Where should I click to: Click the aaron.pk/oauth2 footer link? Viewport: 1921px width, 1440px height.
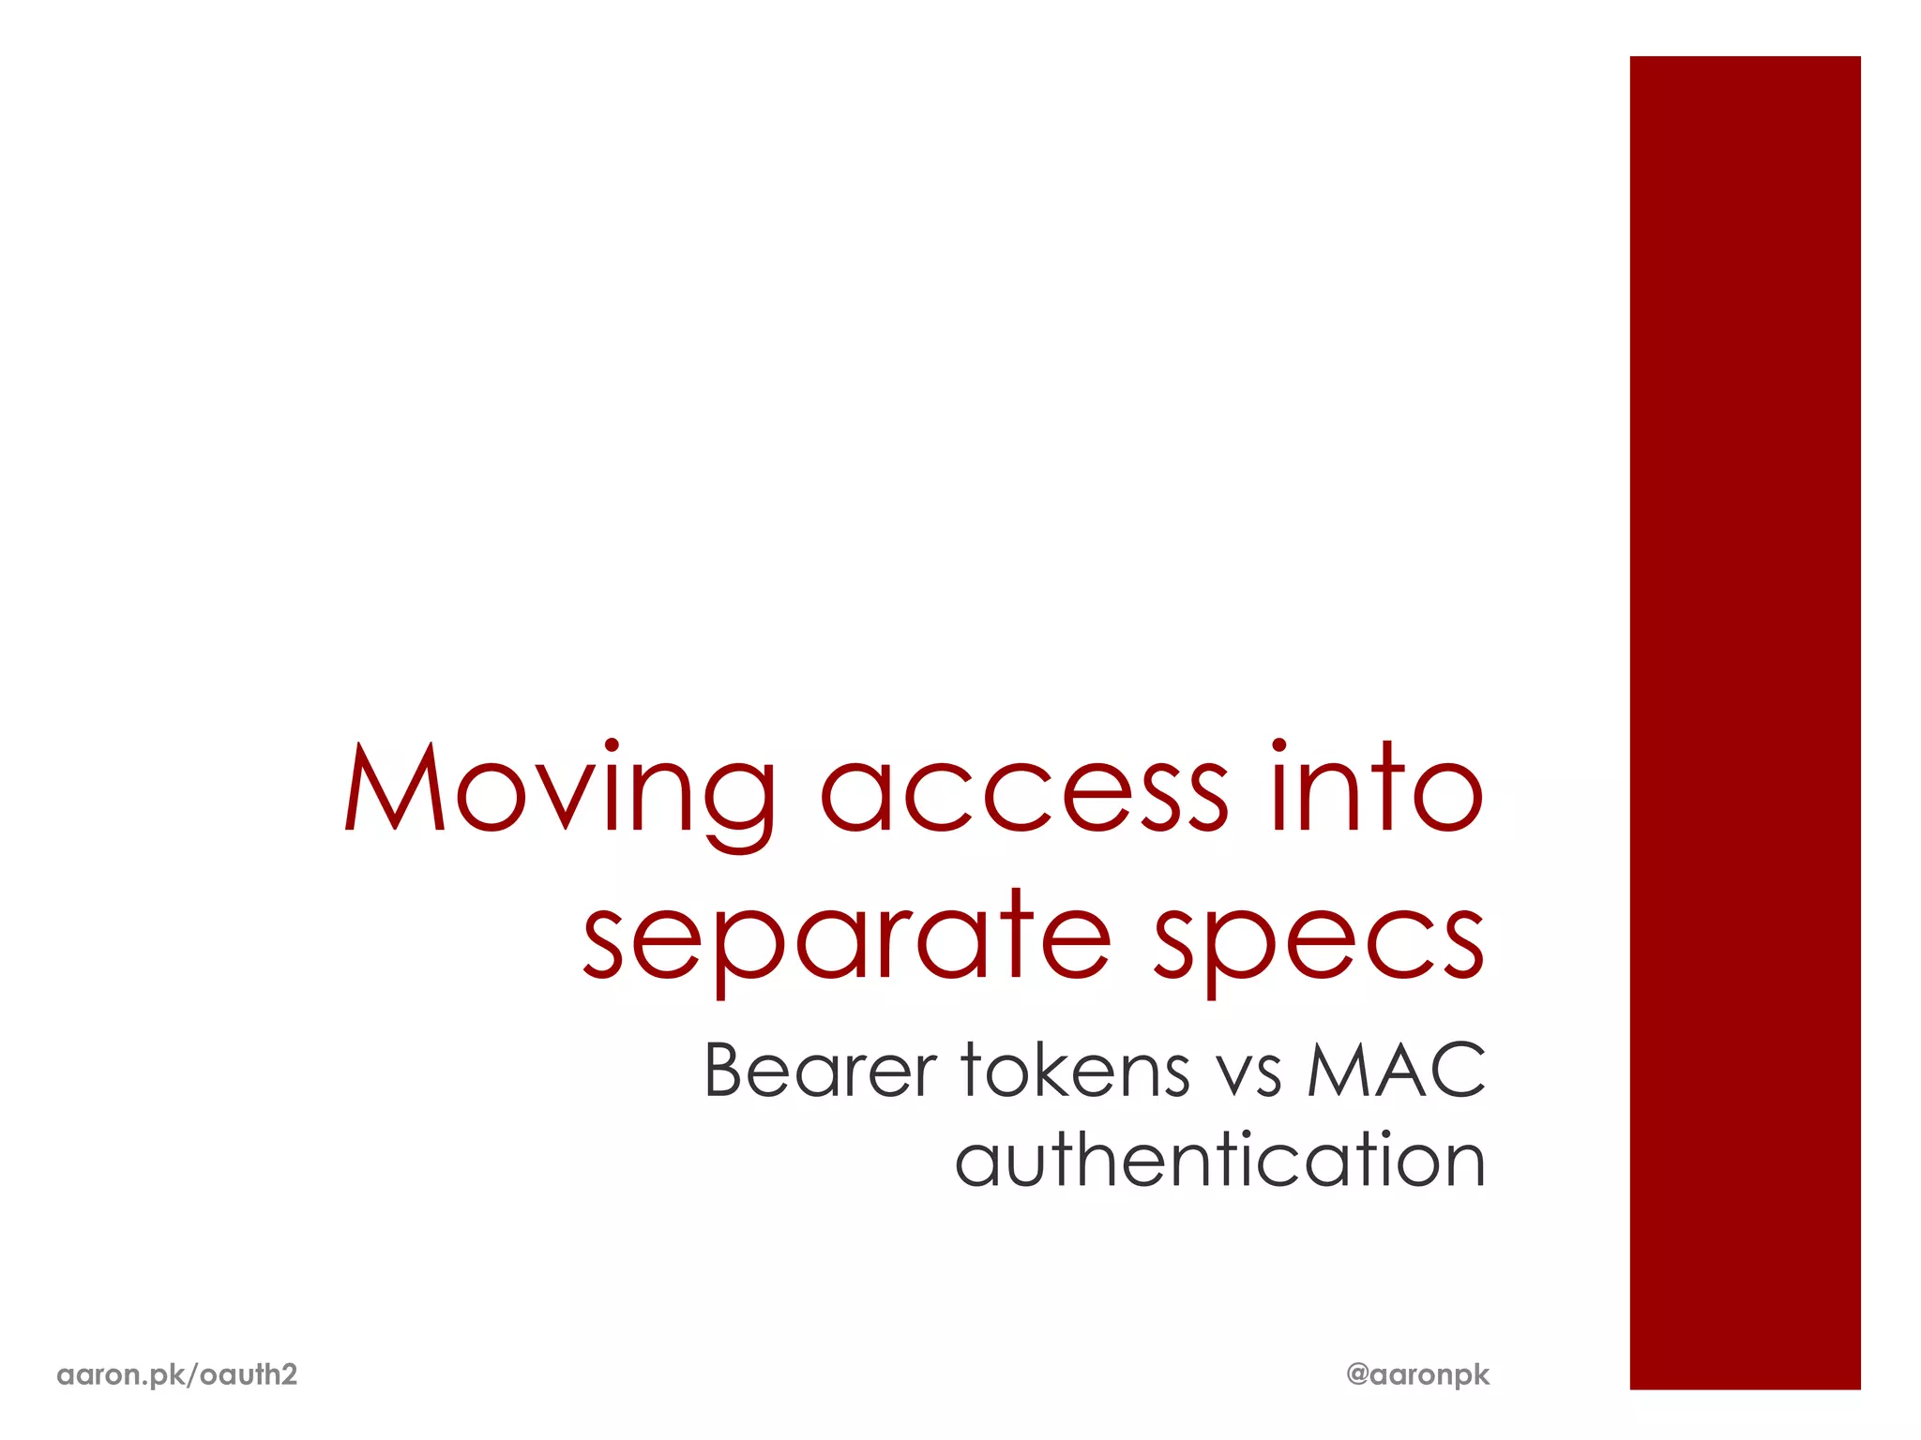(177, 1374)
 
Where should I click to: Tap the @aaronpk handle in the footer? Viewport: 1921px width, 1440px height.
(1417, 1375)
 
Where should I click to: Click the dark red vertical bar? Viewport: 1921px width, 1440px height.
(1745, 722)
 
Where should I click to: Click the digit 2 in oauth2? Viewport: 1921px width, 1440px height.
(289, 1374)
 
